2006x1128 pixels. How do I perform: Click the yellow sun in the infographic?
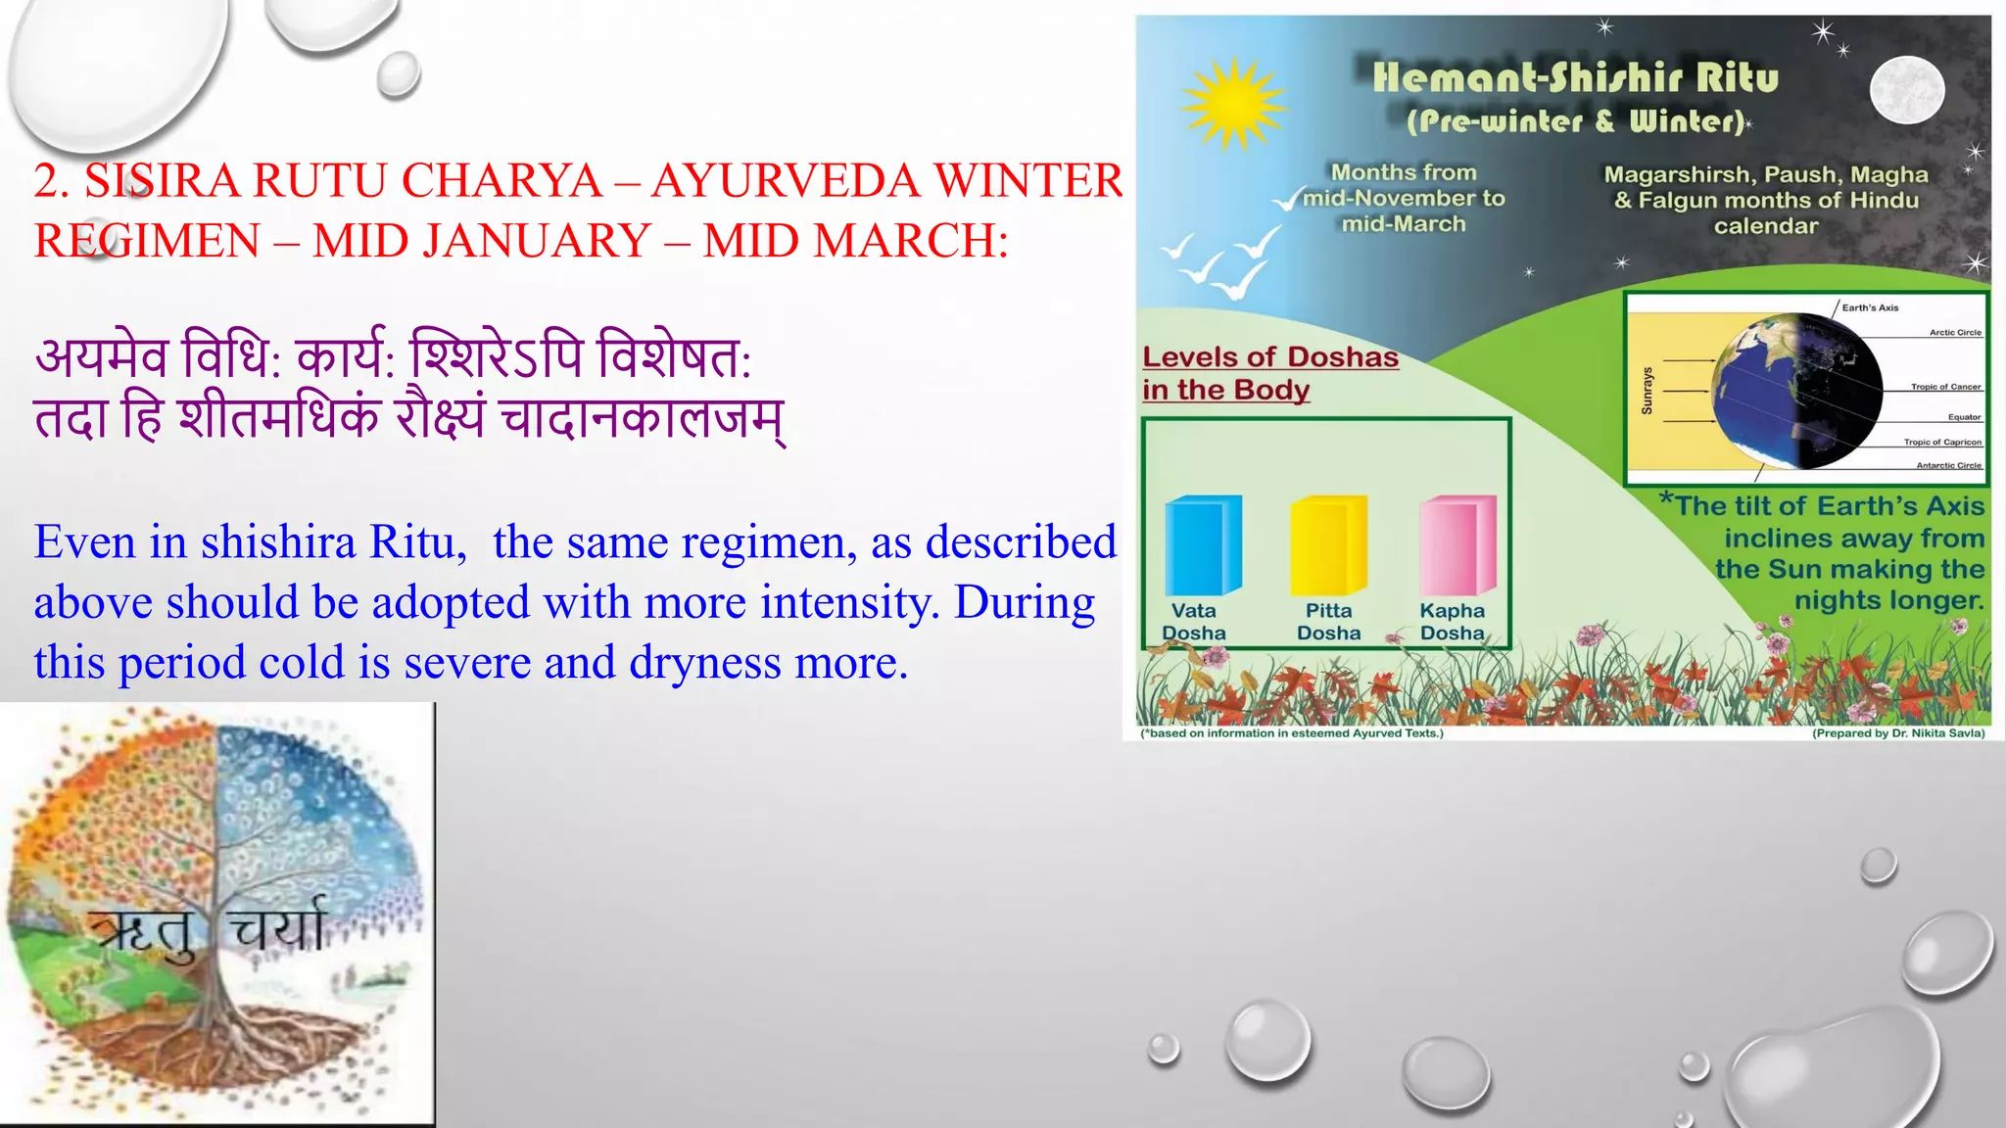click(1233, 104)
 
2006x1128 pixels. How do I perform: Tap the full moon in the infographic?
click(1906, 89)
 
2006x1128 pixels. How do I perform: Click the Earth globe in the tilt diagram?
click(1798, 390)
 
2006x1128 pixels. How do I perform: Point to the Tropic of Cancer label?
click(1945, 387)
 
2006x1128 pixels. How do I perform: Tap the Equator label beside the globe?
click(1964, 417)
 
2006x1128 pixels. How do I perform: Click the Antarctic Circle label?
click(1948, 465)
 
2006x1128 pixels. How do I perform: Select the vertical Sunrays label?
click(1647, 390)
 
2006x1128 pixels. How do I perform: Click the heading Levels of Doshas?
click(1270, 357)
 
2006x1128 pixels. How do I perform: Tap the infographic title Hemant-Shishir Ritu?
click(1575, 77)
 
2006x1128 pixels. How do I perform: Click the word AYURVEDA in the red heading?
click(787, 180)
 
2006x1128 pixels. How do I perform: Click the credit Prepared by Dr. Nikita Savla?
click(1897, 732)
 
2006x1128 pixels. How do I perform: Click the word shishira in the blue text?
click(278, 542)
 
